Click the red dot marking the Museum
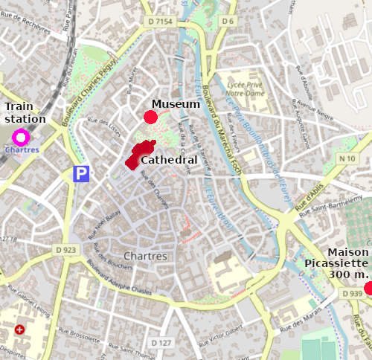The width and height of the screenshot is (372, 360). coord(150,117)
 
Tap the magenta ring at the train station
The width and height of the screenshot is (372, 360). coord(20,137)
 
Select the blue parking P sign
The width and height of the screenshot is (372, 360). coord(81,174)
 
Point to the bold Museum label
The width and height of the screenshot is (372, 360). coord(176,104)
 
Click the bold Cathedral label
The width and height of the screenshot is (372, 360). coord(169,160)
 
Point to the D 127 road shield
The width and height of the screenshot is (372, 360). coord(160,343)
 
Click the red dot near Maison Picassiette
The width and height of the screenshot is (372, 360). coord(368,288)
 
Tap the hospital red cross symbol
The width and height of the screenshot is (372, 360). coord(19,329)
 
